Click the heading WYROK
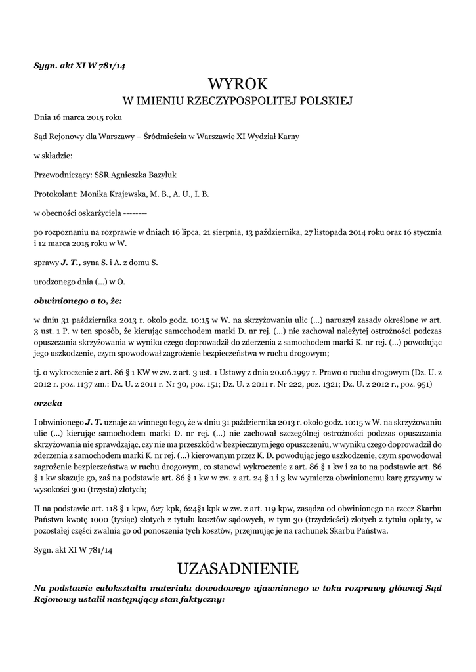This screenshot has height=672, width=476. click(238, 84)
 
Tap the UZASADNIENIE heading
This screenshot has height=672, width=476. click(238, 567)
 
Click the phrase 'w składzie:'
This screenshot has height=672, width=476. click(53, 156)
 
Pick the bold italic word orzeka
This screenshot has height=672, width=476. click(48, 402)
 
